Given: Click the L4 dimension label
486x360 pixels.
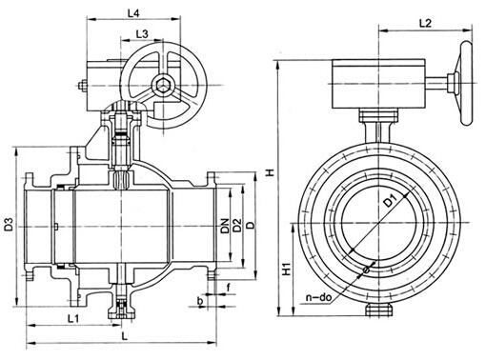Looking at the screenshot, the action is pos(133,13).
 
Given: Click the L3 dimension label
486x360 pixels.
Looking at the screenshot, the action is pos(142,34).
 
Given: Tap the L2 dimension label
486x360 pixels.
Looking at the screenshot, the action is pos(425,23).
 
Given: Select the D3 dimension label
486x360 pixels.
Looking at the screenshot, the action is pos(9,224).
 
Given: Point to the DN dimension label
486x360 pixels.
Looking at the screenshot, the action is pos(225,226).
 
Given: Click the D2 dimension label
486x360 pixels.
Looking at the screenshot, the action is pos(237,226).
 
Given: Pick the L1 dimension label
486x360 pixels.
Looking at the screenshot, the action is pos(73,318).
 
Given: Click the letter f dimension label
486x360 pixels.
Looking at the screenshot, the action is pos(229,288).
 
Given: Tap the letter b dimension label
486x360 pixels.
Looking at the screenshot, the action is pos(200,301).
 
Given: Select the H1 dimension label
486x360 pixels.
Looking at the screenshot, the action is pos(287,270).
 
